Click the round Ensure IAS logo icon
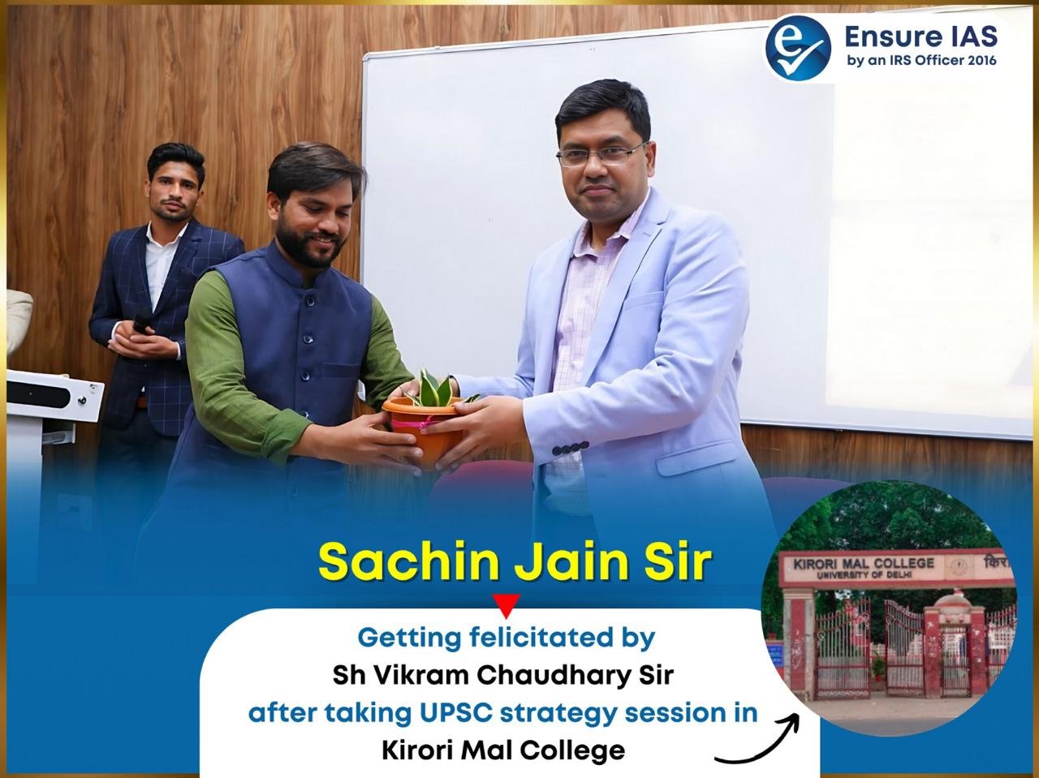tap(798, 48)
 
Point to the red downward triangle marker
tap(506, 606)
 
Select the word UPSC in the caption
tap(455, 713)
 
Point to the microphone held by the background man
tap(142, 320)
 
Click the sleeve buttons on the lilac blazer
tap(570, 447)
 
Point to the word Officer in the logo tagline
tap(925, 61)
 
